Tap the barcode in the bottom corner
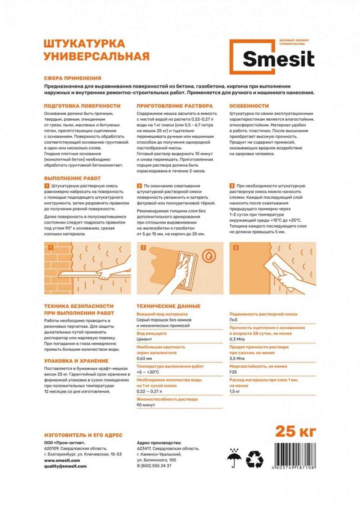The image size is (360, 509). tap(294, 455)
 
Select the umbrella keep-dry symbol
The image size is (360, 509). tap(234, 458)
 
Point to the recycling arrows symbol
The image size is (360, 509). tap(255, 459)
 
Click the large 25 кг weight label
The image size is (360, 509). tap(295, 431)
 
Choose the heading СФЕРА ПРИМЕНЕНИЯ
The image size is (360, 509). tap(72, 78)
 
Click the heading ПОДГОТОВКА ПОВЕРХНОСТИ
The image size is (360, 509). tap(82, 106)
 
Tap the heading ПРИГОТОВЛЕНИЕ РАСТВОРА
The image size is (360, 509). tap(175, 106)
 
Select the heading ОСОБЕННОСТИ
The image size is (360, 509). tap(249, 106)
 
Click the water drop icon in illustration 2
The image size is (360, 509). tap(209, 256)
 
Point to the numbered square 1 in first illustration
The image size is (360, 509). tap(51, 248)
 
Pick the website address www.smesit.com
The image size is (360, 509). tap(62, 460)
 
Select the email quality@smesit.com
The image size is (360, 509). tap(65, 466)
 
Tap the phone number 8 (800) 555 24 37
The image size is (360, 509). tap(154, 465)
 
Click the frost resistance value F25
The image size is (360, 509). tap(233, 372)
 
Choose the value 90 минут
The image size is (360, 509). tap(146, 405)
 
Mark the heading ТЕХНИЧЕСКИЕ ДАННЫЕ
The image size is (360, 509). tap(168, 306)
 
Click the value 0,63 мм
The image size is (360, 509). tap(144, 359)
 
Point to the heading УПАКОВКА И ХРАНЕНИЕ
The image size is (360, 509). tap(76, 361)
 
